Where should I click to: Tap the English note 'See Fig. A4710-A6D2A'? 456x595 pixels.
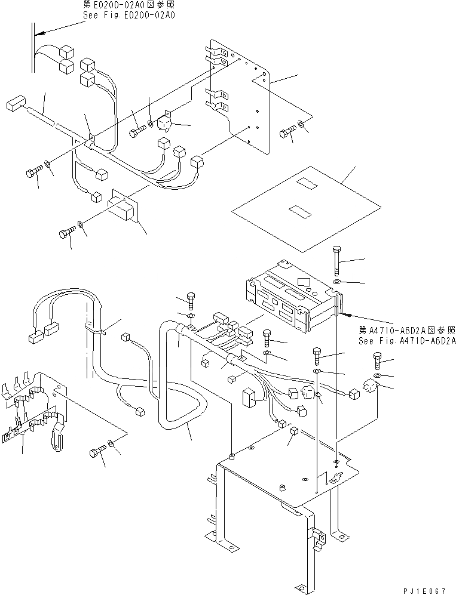coord(407,341)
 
